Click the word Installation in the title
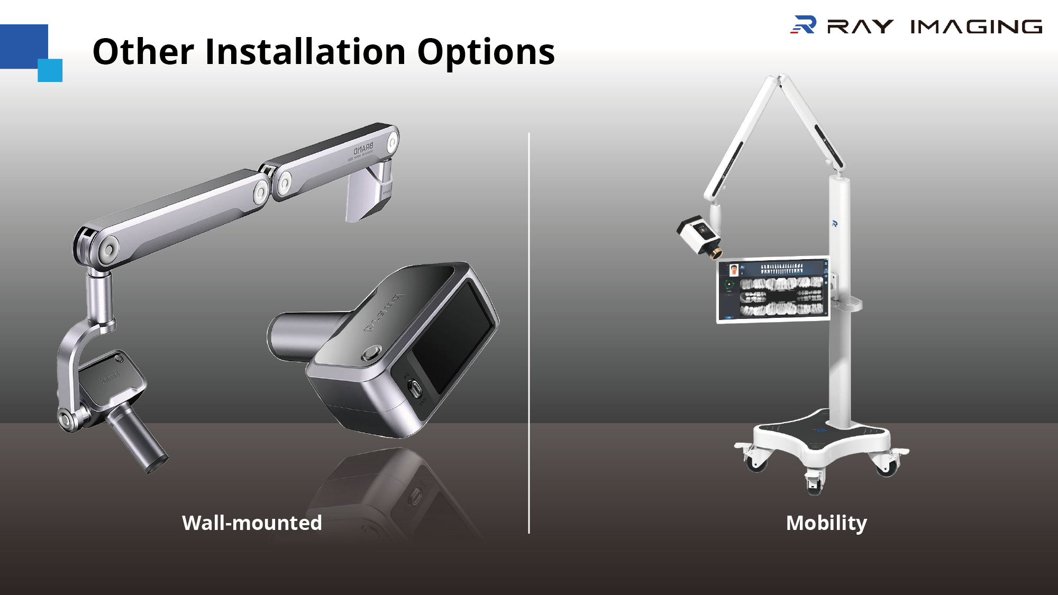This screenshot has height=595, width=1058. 305,52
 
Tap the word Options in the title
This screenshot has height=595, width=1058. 486,53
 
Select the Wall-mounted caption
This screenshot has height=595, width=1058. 252,523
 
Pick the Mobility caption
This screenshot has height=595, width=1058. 826,523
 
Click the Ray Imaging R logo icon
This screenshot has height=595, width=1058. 804,25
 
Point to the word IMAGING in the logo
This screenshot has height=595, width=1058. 976,26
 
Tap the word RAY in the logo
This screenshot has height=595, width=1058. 860,26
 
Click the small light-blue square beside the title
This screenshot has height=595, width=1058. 50,70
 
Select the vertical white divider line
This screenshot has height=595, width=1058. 529,333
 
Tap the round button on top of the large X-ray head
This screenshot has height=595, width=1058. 371,352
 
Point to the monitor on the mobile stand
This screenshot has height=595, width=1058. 773,289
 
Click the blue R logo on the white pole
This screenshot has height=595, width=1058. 834,224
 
